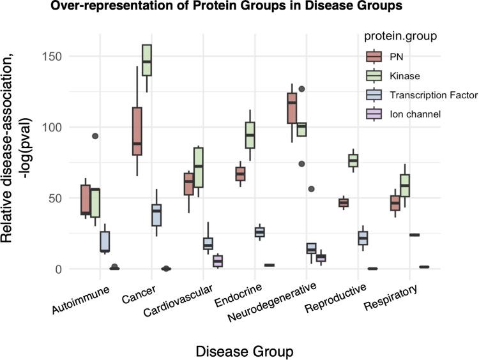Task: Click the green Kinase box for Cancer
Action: [146, 60]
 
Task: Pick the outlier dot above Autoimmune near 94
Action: [95, 136]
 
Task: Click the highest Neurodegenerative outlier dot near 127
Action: [301, 89]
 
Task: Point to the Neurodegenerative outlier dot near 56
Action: [310, 189]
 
